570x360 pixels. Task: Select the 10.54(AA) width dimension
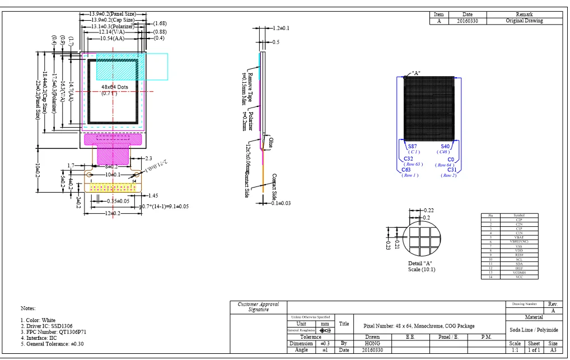[112, 39]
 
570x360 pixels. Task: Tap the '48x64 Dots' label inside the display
[115, 88]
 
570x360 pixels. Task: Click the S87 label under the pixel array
[413, 146]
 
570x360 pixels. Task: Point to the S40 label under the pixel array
[445, 146]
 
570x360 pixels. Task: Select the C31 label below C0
[452, 170]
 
